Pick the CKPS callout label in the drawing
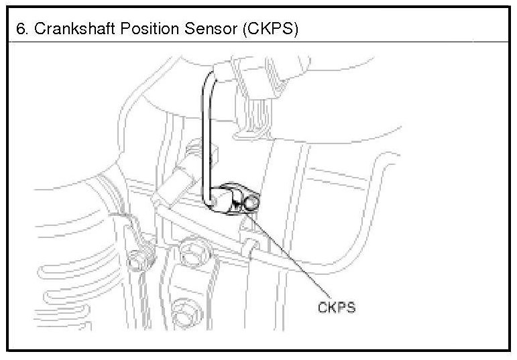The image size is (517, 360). (336, 308)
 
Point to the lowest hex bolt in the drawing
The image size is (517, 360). (181, 313)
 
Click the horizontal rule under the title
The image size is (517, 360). (258, 42)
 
